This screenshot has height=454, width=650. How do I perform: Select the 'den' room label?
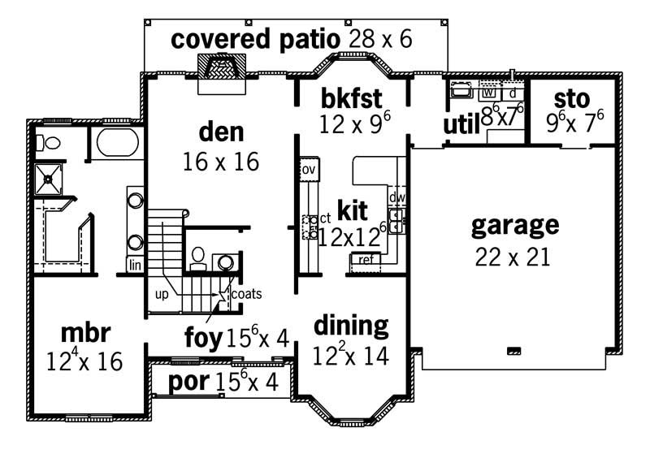pyautogui.click(x=221, y=132)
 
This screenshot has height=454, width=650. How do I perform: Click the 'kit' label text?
pyautogui.click(x=353, y=211)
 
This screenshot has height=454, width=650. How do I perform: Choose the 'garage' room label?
pyautogui.click(x=514, y=224)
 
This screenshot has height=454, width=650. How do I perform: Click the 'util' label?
pyautogui.click(x=460, y=124)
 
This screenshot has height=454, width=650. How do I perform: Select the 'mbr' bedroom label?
pyautogui.click(x=85, y=332)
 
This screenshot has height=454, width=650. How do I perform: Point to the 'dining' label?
pyautogui.click(x=350, y=326)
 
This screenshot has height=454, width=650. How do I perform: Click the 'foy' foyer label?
pyautogui.click(x=203, y=336)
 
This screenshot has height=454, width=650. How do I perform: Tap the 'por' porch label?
pyautogui.click(x=188, y=381)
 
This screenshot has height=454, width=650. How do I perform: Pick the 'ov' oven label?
pyautogui.click(x=308, y=170)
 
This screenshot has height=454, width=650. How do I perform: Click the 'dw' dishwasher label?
pyautogui.click(x=396, y=197)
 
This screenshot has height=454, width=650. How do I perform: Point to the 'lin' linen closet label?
pyautogui.click(x=134, y=265)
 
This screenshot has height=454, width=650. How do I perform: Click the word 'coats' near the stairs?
pyautogui.click(x=246, y=294)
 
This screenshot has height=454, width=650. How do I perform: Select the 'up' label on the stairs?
pyautogui.click(x=162, y=294)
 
